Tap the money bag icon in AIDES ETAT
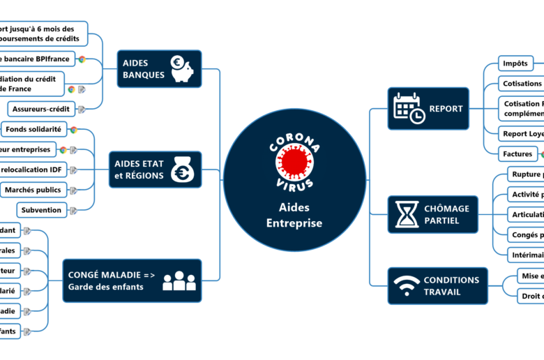185,170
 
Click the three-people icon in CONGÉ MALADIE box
179,280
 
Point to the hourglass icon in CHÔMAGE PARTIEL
407,214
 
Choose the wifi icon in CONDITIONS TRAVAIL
407,286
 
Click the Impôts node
515,64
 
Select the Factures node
517,153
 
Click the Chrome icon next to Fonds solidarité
73,130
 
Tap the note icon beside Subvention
73,210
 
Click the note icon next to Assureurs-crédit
82,109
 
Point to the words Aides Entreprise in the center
294,216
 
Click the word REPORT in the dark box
446,109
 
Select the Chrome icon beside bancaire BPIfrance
82,59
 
